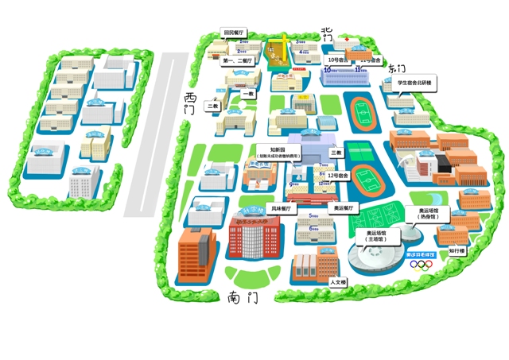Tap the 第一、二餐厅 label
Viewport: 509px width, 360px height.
click(x=237, y=60)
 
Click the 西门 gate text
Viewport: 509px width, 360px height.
click(x=188, y=103)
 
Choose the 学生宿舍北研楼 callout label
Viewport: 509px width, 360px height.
click(x=414, y=82)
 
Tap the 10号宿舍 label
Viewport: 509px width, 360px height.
click(x=338, y=60)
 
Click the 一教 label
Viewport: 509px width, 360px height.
click(x=247, y=94)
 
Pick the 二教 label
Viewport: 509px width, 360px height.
click(x=213, y=106)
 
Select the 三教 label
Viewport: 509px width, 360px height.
click(x=336, y=153)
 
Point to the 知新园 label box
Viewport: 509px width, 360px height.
click(x=278, y=152)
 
